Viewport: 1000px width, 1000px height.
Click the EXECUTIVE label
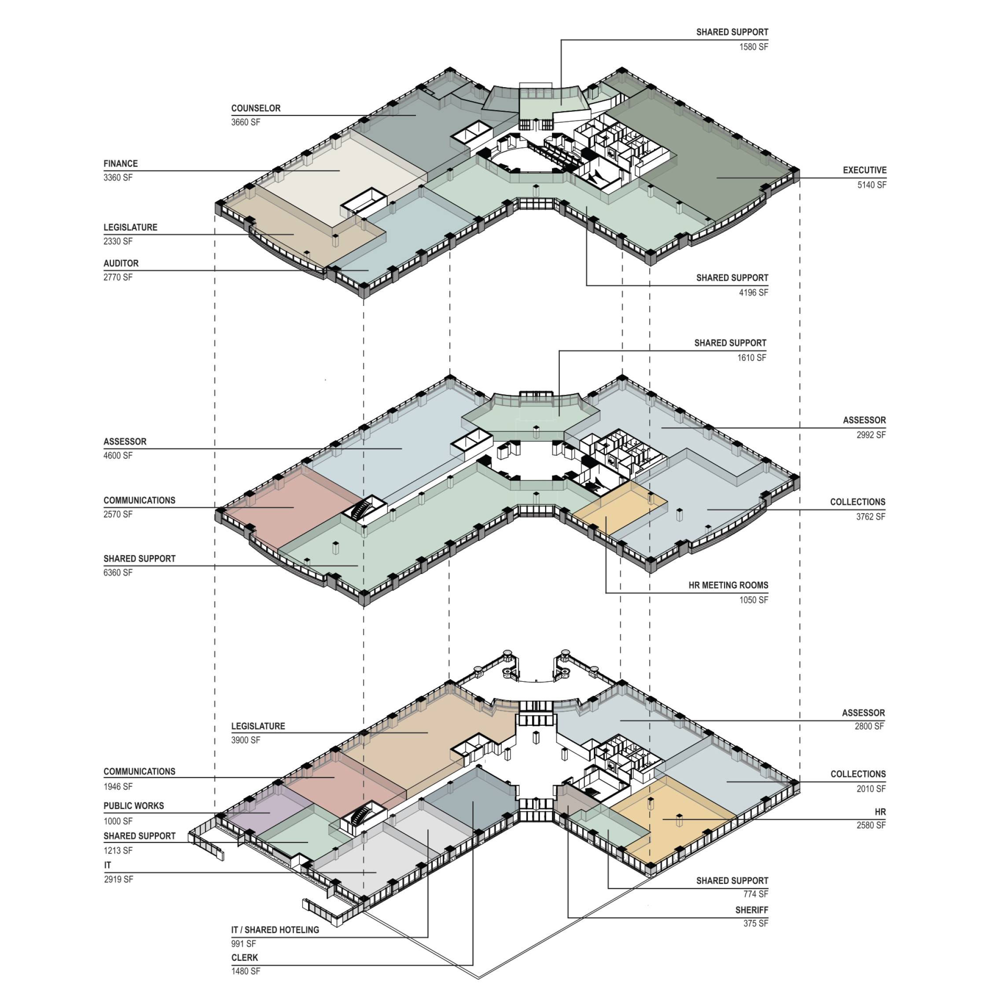(864, 170)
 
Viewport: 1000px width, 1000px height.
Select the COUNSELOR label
(256, 108)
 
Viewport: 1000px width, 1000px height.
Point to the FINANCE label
(121, 164)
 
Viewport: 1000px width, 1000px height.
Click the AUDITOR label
(121, 264)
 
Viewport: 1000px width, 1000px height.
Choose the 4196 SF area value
(754, 292)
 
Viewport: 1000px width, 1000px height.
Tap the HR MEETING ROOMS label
(728, 585)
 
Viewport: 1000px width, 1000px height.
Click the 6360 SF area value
(118, 573)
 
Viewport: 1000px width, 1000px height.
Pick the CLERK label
(244, 958)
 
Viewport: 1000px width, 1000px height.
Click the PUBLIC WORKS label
(133, 806)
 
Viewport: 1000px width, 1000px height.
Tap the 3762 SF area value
(871, 517)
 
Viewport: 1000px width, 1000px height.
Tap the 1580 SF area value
(754, 47)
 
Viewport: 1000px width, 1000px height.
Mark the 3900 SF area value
(246, 740)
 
